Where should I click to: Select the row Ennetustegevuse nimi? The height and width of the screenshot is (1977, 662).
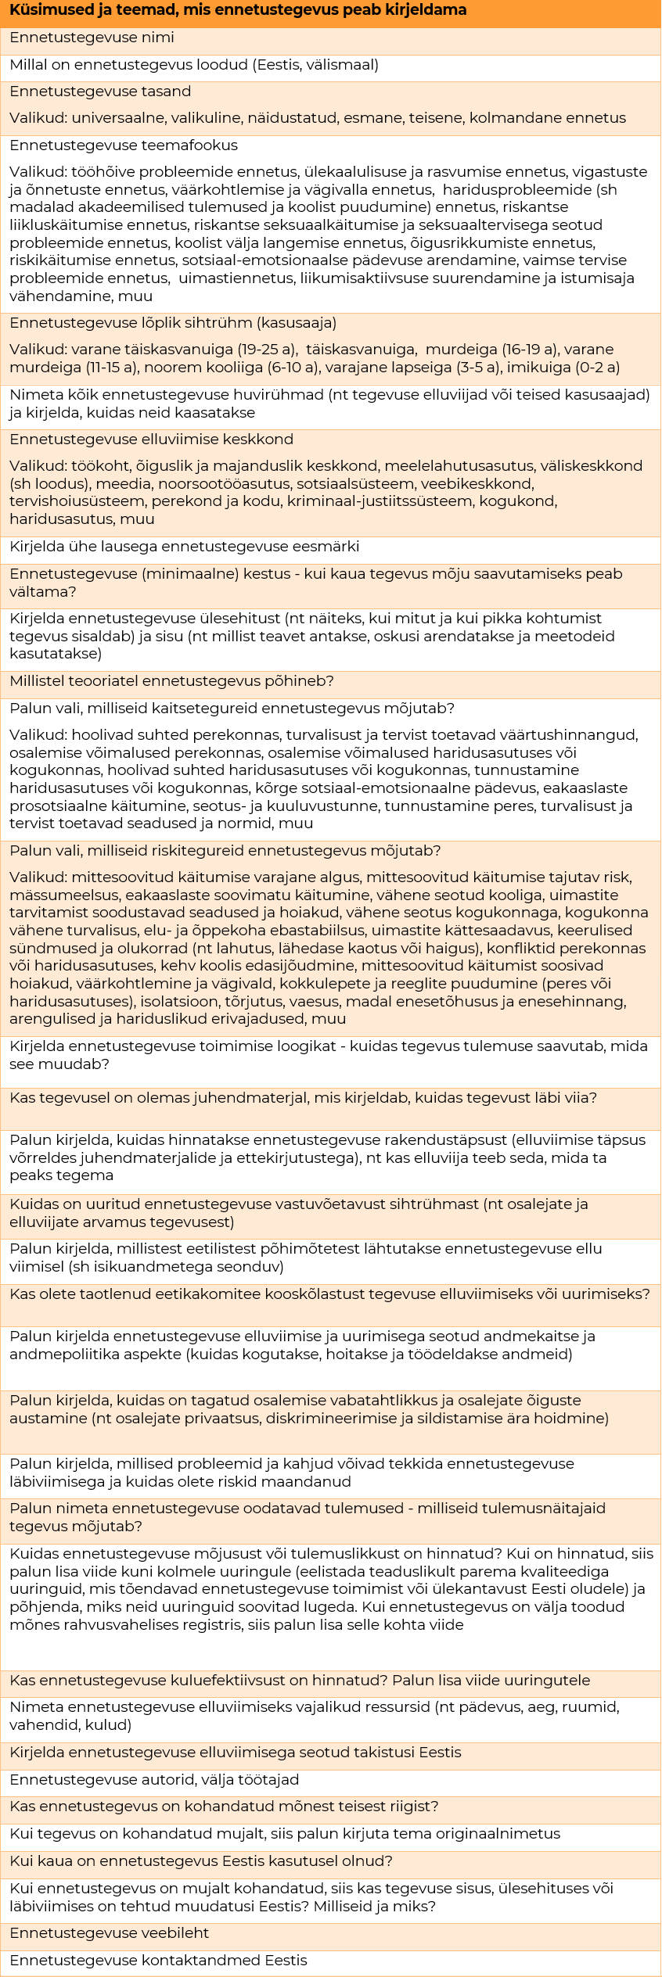click(x=92, y=38)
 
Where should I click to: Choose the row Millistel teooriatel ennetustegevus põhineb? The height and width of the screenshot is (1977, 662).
click(x=172, y=681)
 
